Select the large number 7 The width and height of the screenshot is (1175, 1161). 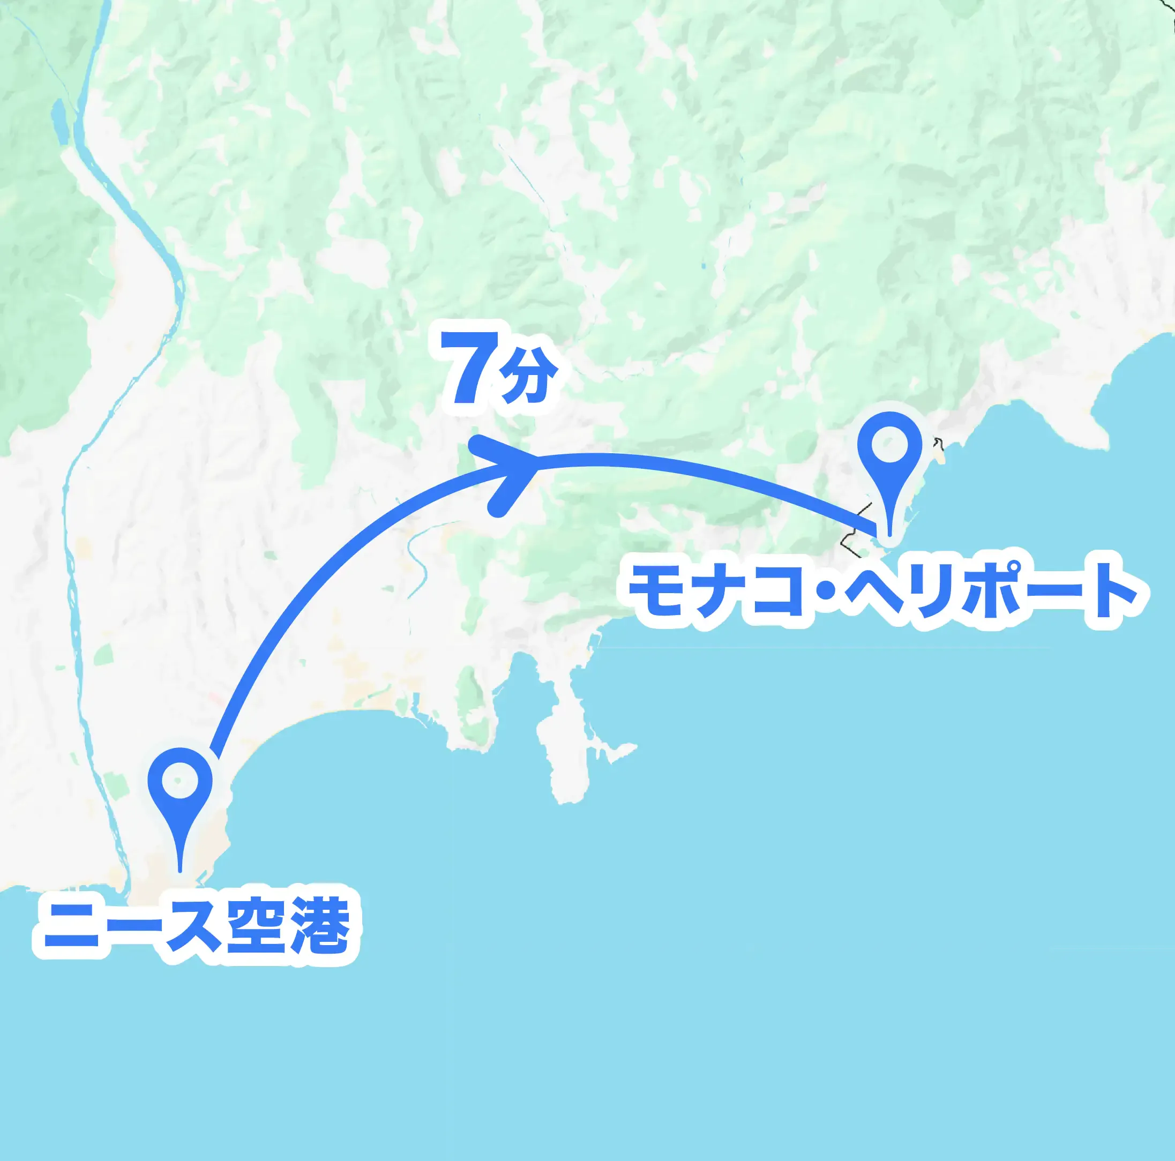[468, 369]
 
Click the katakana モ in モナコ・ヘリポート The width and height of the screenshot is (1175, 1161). [661, 590]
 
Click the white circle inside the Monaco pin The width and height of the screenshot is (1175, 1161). [889, 445]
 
